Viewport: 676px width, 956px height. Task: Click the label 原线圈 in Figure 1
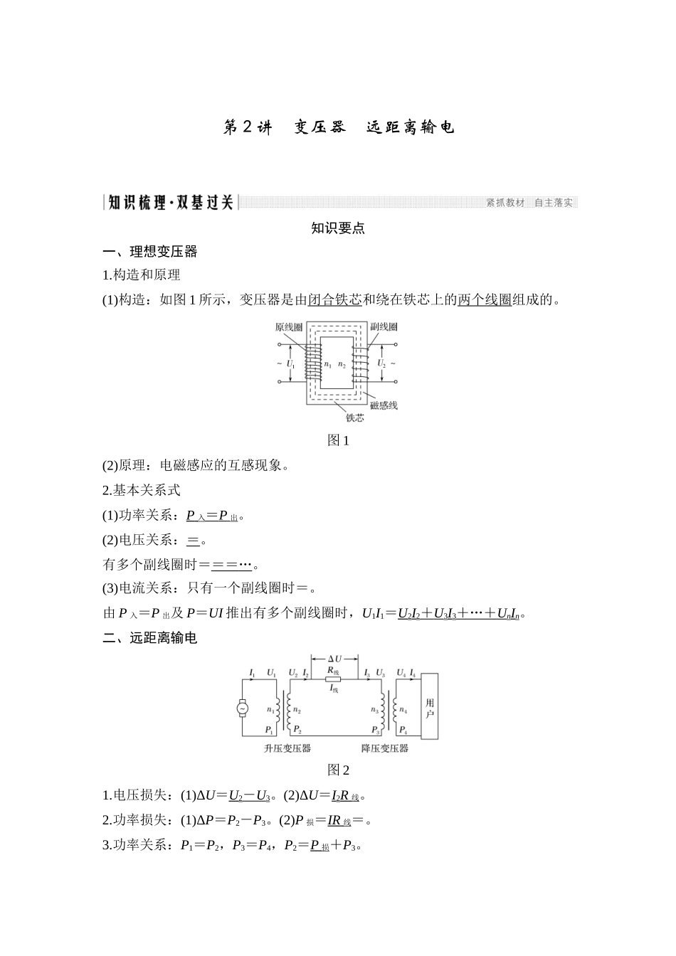[290, 327]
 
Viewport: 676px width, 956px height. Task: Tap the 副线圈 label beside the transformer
[384, 327]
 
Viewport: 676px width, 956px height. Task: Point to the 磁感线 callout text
[384, 405]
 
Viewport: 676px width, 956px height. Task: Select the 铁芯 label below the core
[354, 418]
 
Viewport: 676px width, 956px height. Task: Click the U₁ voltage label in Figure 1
[290, 363]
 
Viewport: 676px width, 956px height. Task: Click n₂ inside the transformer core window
[342, 365]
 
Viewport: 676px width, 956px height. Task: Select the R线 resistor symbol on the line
[333, 679]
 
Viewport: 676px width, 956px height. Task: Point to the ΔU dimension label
[334, 659]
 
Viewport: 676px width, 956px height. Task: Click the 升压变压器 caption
[287, 748]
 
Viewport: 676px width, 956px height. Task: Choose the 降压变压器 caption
[385, 748]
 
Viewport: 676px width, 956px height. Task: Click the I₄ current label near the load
[413, 672]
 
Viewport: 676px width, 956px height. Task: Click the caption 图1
[338, 440]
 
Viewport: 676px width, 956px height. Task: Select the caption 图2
[338, 770]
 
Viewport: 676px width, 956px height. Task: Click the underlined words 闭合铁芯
[334, 299]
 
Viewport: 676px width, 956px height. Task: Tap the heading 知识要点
[338, 228]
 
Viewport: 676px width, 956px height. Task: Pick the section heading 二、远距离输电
[150, 638]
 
